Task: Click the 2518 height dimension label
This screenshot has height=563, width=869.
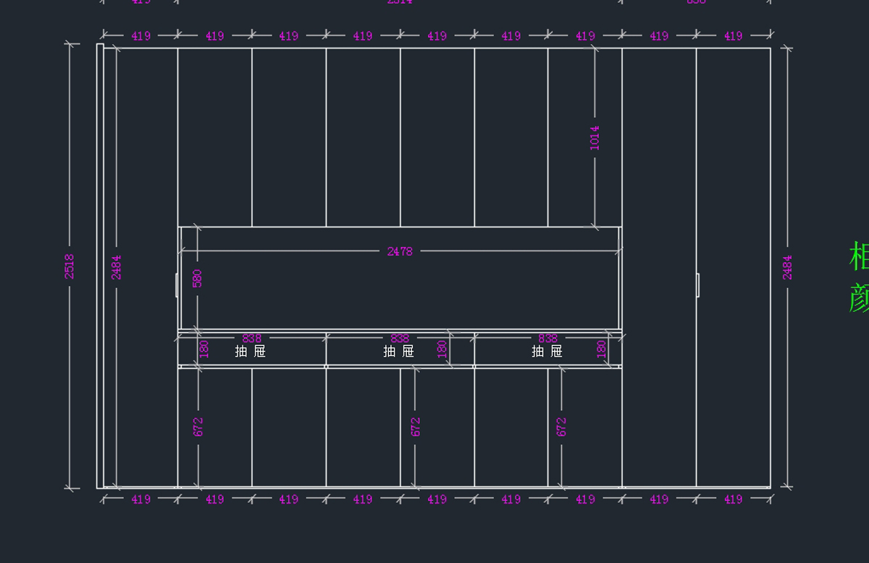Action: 70,266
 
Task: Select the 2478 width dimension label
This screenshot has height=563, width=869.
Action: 400,251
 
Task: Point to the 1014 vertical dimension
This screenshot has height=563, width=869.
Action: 595,137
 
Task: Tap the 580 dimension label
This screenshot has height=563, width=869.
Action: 197,278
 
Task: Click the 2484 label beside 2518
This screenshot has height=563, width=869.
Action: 117,266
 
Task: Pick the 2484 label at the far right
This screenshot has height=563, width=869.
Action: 787,266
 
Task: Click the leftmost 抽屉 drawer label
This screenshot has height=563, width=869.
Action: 251,351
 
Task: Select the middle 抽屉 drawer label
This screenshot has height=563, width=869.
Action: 399,351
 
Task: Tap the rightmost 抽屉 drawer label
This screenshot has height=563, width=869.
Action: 547,351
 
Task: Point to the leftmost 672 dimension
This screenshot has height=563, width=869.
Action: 198,426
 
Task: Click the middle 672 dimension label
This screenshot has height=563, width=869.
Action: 415,426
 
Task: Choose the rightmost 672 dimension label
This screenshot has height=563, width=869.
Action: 561,426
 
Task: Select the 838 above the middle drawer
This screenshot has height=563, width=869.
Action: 400,338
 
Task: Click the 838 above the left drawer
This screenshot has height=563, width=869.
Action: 252,338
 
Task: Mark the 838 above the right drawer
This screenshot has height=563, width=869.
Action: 548,338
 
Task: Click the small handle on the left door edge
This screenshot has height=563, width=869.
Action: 177,284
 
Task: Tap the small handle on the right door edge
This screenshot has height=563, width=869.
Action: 697,284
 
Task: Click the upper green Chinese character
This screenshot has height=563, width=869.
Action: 859,257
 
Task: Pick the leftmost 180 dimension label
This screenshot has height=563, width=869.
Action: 203,349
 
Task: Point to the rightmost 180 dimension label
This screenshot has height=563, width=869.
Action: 601,349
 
